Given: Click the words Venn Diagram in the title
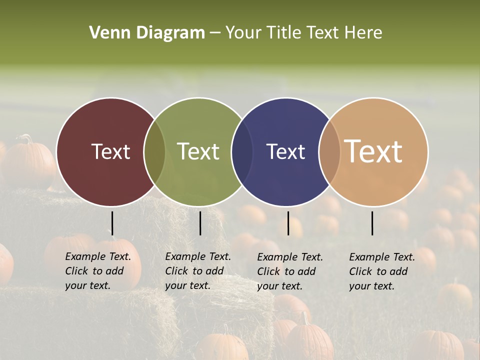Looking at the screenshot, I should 147,32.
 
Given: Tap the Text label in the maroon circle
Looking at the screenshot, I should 110,151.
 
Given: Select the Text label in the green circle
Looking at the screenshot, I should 198,151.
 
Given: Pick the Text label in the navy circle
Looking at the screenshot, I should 285,151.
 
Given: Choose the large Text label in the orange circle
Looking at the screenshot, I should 373,151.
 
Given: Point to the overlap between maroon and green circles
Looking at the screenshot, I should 154,151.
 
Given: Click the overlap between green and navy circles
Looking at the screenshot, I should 242,151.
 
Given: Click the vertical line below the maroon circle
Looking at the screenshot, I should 112,223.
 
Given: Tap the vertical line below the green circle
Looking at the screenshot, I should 200,223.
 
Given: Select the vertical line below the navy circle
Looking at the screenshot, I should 288,223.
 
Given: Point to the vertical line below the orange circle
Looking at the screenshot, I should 372,223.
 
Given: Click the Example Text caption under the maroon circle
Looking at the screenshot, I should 98,271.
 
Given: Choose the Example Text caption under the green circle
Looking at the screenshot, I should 198,271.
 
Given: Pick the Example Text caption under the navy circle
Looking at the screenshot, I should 290,271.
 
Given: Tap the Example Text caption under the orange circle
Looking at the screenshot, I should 382,271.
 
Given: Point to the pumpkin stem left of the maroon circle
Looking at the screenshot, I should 26,139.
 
